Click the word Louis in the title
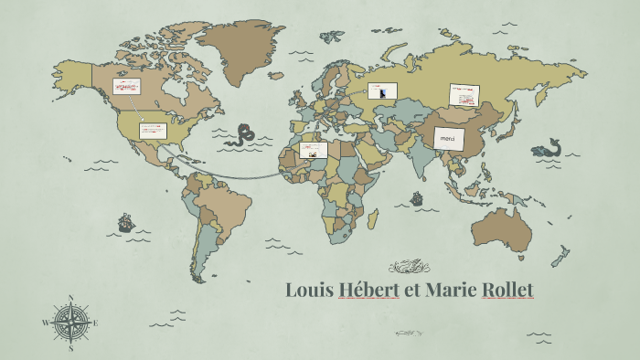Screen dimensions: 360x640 click(x=309, y=291)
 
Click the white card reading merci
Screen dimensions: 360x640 click(x=449, y=139)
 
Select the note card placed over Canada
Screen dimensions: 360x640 click(x=126, y=87)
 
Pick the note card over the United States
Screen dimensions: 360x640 click(x=152, y=131)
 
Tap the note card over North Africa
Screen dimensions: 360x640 click(x=313, y=150)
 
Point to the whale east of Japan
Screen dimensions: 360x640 click(x=549, y=148)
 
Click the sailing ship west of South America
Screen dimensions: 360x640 click(x=125, y=222)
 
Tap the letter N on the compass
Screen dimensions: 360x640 click(x=71, y=297)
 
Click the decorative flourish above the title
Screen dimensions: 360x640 click(x=409, y=267)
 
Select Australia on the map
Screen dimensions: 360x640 click(x=502, y=228)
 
